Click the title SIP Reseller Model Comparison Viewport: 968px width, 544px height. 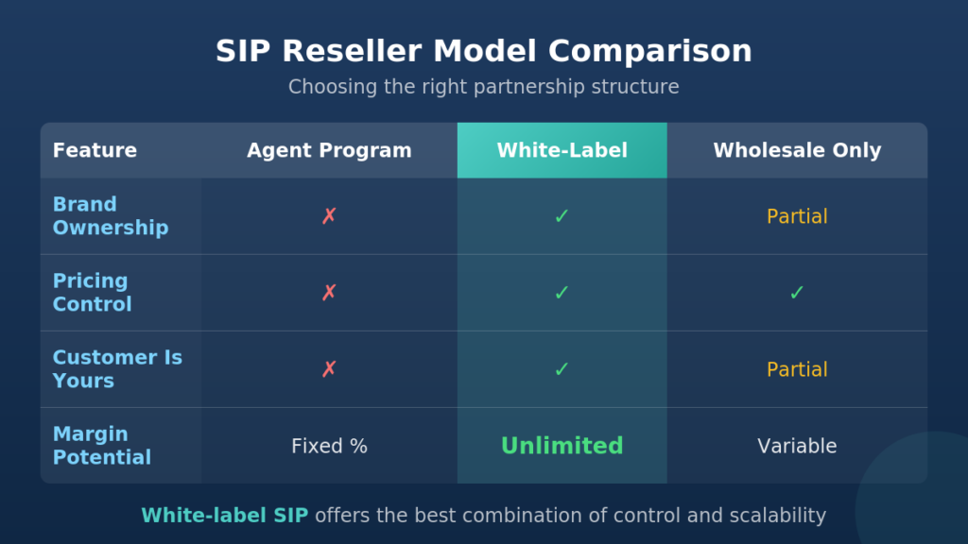[x=483, y=51]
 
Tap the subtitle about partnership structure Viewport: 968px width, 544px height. [x=483, y=86]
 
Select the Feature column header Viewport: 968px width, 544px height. [x=95, y=150]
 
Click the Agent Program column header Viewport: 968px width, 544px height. [x=329, y=150]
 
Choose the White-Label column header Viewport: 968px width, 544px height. [x=562, y=150]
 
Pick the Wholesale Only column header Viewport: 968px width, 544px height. [x=797, y=150]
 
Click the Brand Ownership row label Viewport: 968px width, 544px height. [x=111, y=216]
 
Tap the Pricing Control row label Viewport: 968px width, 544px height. [x=92, y=293]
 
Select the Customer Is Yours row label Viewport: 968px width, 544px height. [x=117, y=369]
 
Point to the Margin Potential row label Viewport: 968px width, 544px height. [x=102, y=446]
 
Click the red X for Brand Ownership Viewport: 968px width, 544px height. [x=329, y=216]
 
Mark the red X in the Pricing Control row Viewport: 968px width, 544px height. [x=329, y=293]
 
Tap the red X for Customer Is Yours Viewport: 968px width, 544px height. [x=329, y=369]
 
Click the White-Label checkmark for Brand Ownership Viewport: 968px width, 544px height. [x=562, y=216]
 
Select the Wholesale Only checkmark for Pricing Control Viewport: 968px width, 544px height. [x=797, y=293]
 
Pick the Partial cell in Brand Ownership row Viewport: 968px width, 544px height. [x=797, y=216]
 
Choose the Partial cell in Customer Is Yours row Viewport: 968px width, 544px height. [x=797, y=369]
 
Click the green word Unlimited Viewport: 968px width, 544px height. [x=562, y=446]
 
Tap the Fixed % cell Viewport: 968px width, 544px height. [x=329, y=446]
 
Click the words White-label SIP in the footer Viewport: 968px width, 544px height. [x=225, y=516]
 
